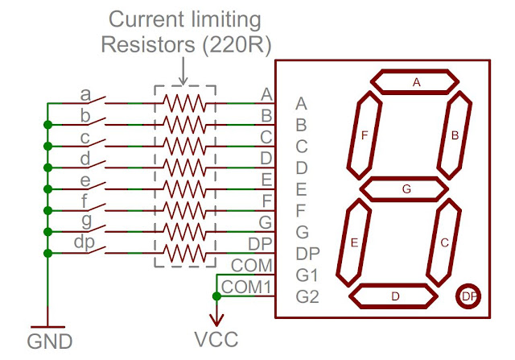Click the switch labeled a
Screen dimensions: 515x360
coord(94,100)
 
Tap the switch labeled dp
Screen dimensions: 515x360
coord(94,250)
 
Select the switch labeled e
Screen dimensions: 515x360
coord(94,186)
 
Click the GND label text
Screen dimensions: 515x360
coord(50,341)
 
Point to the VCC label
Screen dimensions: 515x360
coord(216,339)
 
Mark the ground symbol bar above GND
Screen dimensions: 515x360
coord(47,327)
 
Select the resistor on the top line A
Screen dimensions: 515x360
coord(184,103)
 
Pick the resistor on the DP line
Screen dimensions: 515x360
coord(184,253)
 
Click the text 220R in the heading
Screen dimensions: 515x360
coord(237,44)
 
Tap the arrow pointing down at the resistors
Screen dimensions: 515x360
coord(183,71)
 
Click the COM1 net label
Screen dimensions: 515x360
coord(246,287)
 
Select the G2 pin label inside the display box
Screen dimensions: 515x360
coord(307,296)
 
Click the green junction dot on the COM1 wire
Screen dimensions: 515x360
coord(216,296)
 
